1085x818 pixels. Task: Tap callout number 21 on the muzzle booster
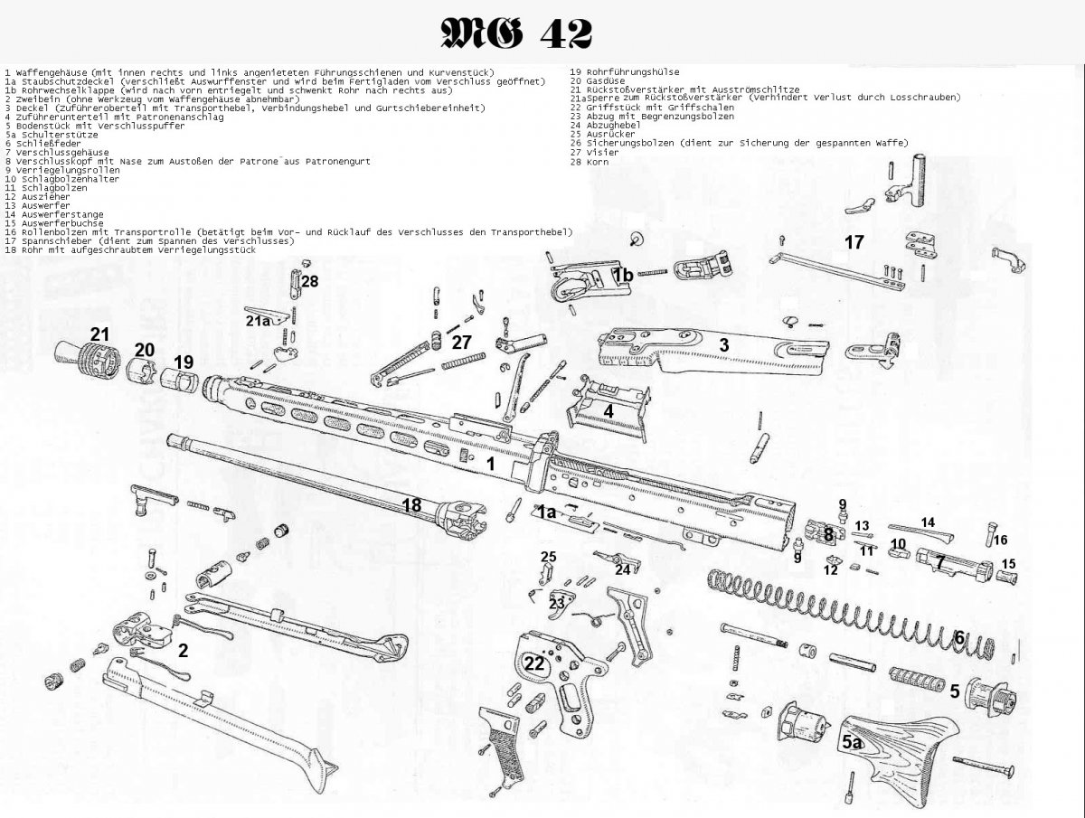pyautogui.click(x=99, y=334)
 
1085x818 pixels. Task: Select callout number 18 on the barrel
pyautogui.click(x=411, y=505)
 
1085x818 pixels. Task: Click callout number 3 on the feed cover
pyautogui.click(x=723, y=344)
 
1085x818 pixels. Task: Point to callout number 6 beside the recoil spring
pyautogui.click(x=959, y=636)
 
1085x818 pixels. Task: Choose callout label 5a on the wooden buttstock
pyautogui.click(x=852, y=742)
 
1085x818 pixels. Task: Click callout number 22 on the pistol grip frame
pyautogui.click(x=535, y=664)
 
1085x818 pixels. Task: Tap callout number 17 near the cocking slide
pyautogui.click(x=854, y=242)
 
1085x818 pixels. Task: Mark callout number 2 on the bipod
pyautogui.click(x=183, y=649)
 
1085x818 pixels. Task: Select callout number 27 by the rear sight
pyautogui.click(x=462, y=342)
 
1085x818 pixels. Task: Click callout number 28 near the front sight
pyautogui.click(x=310, y=281)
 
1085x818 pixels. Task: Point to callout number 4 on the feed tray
pyautogui.click(x=609, y=410)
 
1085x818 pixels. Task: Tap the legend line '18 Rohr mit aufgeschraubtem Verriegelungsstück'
pyautogui.click(x=131, y=249)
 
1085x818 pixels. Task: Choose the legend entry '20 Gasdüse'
pyautogui.click(x=597, y=80)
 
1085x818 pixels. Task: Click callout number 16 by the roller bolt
pyautogui.click(x=1000, y=541)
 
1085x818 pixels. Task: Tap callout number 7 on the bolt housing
pyautogui.click(x=940, y=562)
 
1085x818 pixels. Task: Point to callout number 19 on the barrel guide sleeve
pyautogui.click(x=184, y=362)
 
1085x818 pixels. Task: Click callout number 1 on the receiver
pyautogui.click(x=490, y=463)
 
